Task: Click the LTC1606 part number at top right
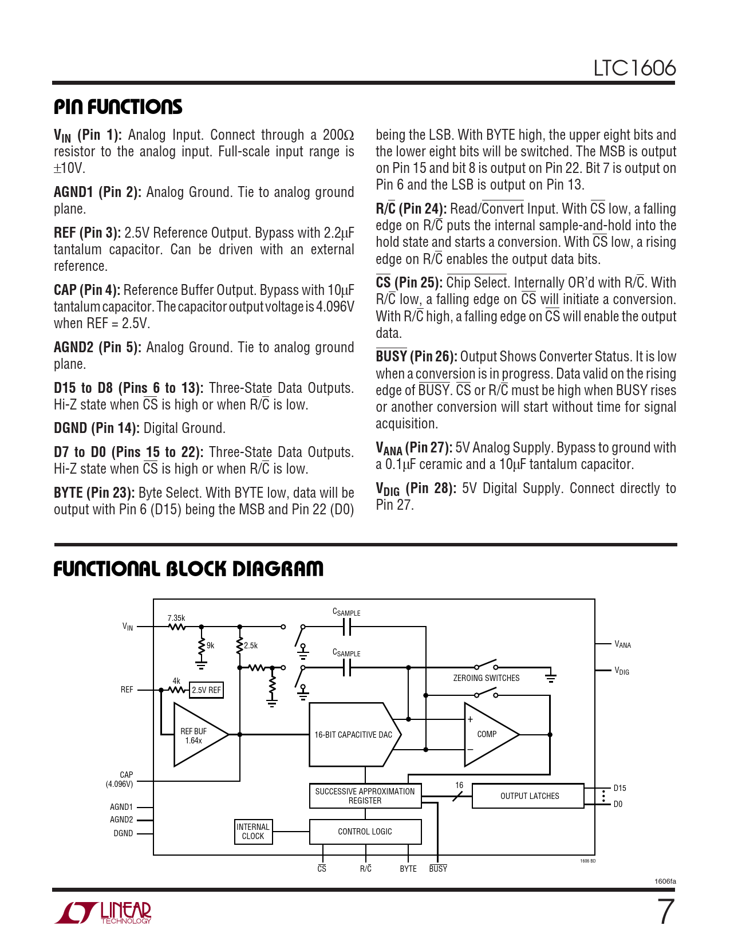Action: tap(634, 68)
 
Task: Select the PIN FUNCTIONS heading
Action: tap(118, 107)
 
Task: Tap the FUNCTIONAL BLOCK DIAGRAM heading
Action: tap(188, 569)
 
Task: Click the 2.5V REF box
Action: tap(206, 690)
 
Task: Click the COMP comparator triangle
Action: tap(487, 734)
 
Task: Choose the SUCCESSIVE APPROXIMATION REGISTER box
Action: tap(365, 796)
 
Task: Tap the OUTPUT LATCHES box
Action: tap(529, 796)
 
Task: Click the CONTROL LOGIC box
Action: tap(365, 832)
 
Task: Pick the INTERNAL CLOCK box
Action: tap(253, 832)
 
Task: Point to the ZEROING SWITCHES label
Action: tap(486, 678)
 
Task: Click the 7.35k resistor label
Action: tap(176, 618)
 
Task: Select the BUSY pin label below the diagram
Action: tap(438, 869)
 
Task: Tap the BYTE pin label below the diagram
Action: tap(408, 869)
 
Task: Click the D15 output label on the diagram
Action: tap(619, 788)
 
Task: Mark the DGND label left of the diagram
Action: tap(123, 833)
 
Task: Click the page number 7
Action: tap(665, 912)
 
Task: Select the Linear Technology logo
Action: tap(104, 913)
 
